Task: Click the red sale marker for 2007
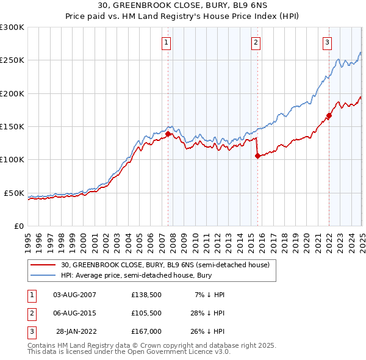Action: (168, 134)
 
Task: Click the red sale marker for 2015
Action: (257, 156)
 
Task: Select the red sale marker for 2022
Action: (329, 115)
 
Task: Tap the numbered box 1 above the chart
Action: (166, 42)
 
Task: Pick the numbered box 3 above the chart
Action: (327, 42)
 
